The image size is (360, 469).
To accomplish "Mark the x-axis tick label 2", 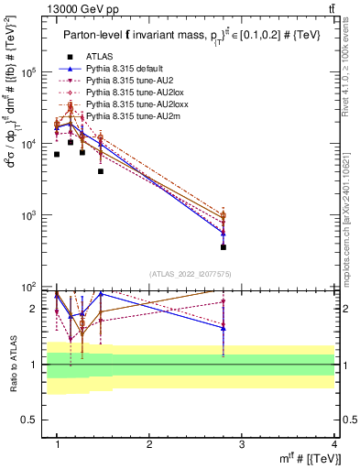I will pos(149,443).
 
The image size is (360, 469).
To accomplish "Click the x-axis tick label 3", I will pos(242,443).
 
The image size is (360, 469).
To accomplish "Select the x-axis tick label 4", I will pos(334,443).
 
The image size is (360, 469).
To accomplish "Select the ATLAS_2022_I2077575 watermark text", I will pos(190,273).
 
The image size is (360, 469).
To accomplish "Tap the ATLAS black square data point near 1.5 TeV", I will pos(101,171).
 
